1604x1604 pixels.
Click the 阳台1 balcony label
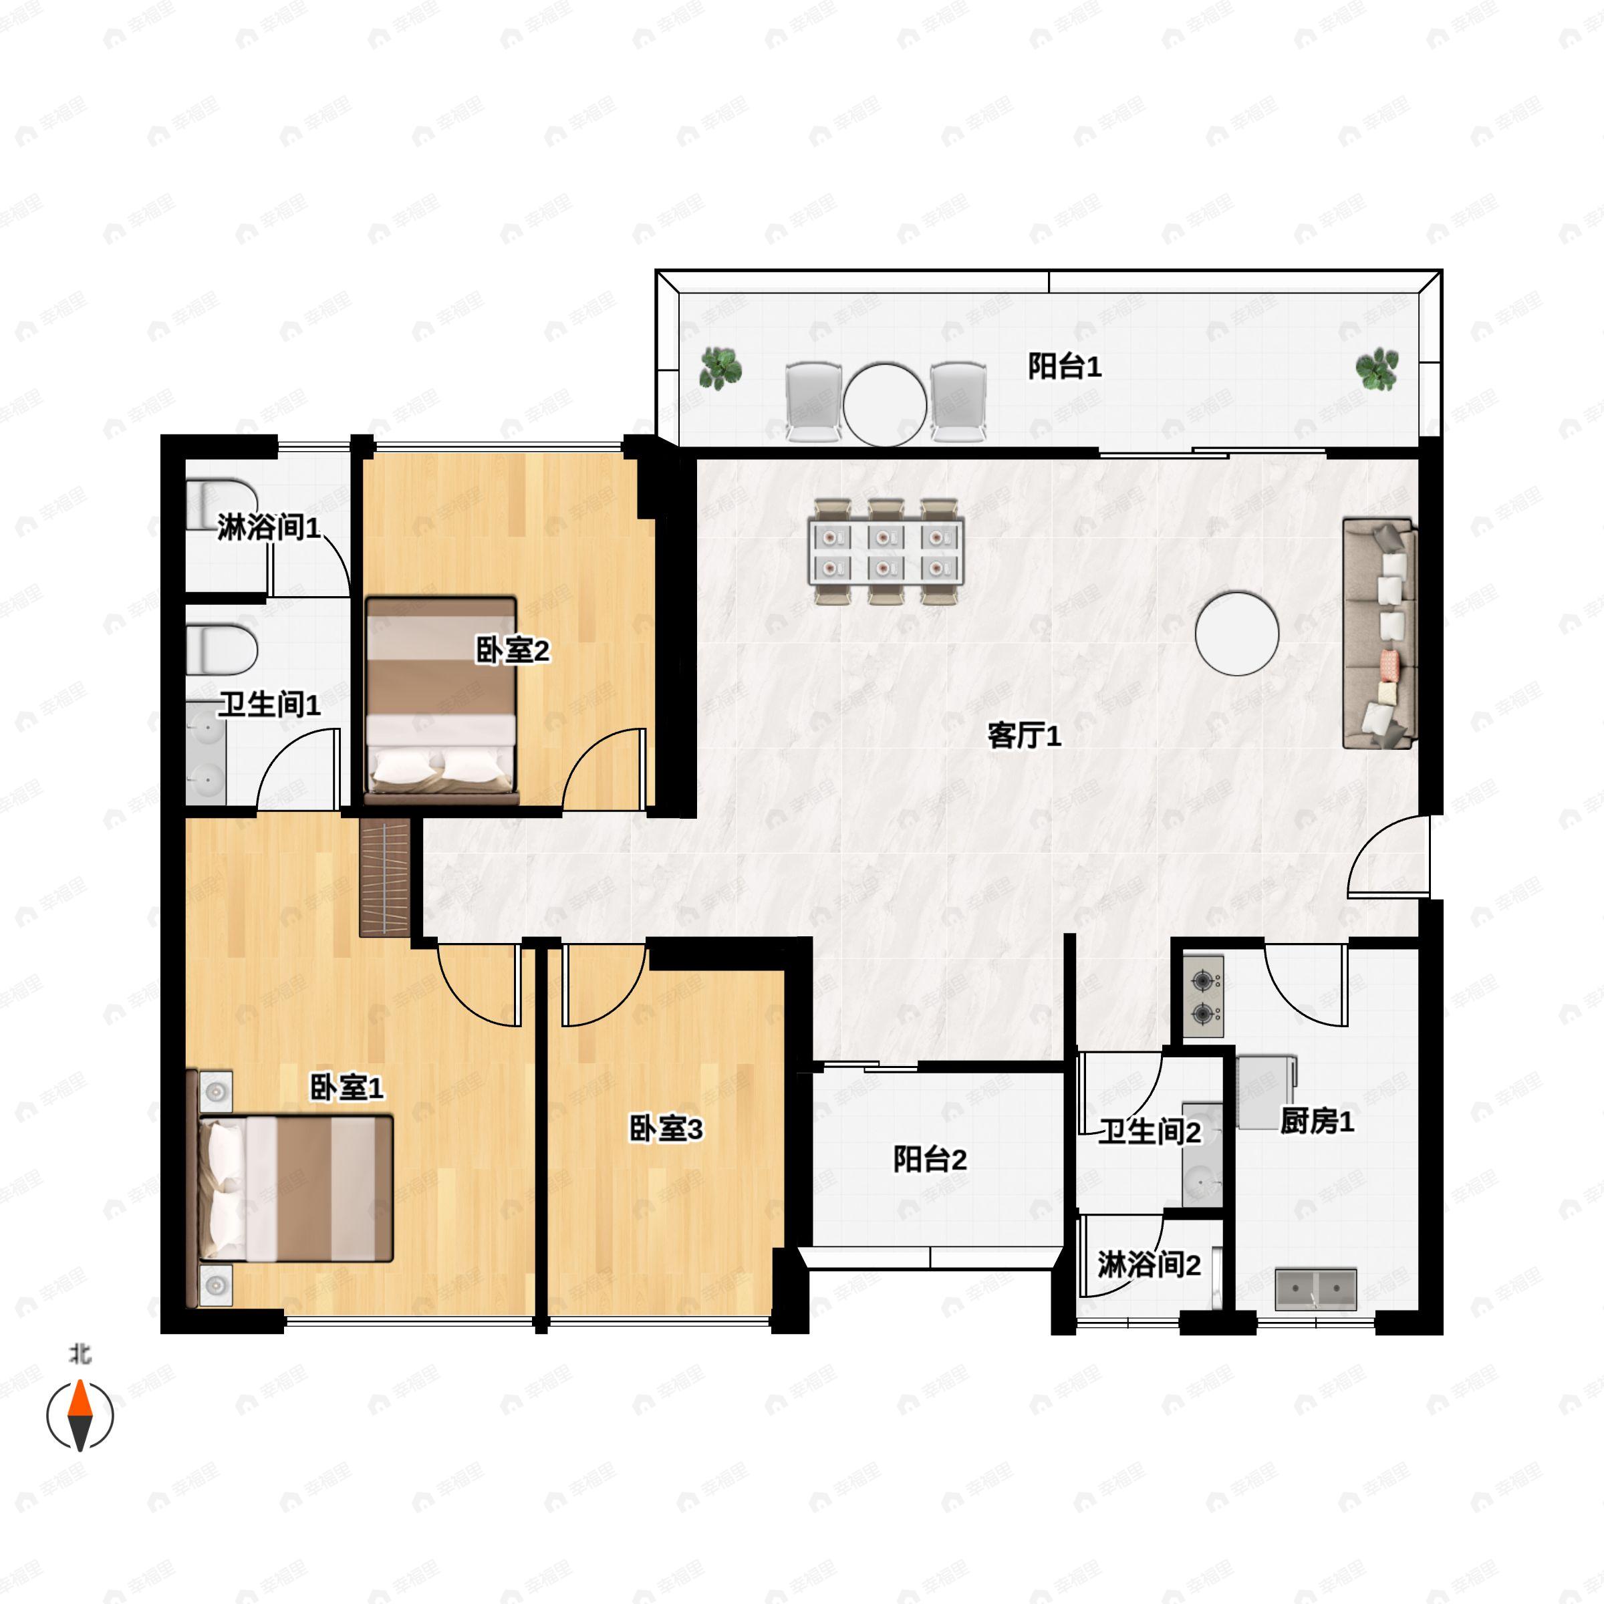(x=1065, y=366)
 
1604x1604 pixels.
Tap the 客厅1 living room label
(x=1024, y=734)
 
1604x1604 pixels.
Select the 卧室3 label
(x=666, y=1129)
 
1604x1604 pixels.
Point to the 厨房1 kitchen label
(x=1317, y=1121)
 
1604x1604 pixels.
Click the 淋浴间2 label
(x=1149, y=1265)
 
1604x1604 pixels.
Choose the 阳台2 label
(x=930, y=1159)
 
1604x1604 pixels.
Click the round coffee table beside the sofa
(x=1237, y=634)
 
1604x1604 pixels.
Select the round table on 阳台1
(x=885, y=405)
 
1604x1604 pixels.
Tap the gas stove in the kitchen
(x=1203, y=997)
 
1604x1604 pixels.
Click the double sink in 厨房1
(x=1316, y=1289)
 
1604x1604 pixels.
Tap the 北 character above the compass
(x=80, y=1355)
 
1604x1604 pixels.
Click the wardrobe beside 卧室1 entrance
(x=385, y=878)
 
